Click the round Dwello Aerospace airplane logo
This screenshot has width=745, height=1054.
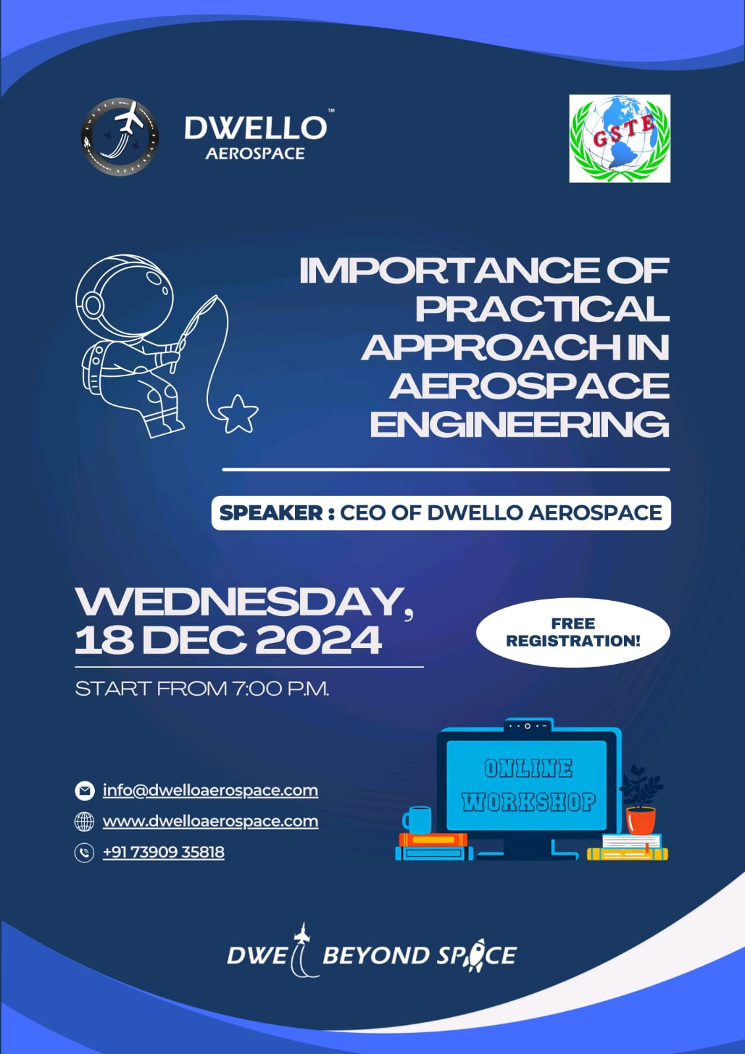tap(120, 137)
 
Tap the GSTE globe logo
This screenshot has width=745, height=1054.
tap(619, 138)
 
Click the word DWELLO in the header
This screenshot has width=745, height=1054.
tap(255, 128)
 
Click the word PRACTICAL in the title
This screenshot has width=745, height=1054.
tap(542, 309)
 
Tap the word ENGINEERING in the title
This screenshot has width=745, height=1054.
tap(520, 424)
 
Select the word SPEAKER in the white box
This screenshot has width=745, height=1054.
tap(270, 513)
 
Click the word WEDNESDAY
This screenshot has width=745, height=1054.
tap(244, 602)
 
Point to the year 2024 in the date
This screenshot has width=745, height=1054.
tap(319, 640)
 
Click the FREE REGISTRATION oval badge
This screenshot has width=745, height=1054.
tap(573, 632)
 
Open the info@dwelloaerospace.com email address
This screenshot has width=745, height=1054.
tap(210, 790)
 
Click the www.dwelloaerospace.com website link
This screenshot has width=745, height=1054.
tap(210, 821)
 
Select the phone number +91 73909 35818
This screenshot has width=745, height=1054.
tap(164, 852)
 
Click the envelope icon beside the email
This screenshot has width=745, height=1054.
tap(85, 790)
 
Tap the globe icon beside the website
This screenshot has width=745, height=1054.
tap(85, 821)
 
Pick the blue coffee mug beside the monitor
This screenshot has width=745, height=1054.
tap(417, 819)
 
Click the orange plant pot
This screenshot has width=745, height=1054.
tap(640, 820)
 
